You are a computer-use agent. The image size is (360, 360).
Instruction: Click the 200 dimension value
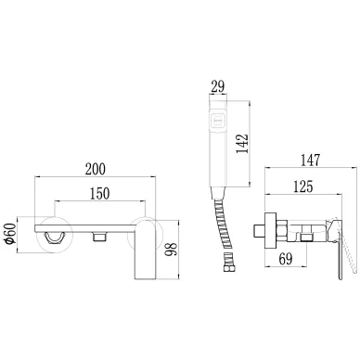(96, 169)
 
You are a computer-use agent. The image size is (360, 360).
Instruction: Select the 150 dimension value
(99, 193)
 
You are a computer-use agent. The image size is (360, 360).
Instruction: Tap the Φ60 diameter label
(11, 233)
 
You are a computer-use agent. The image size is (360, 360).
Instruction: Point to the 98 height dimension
(171, 249)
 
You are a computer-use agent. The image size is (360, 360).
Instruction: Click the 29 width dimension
(218, 86)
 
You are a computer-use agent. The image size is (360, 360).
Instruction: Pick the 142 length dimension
(242, 144)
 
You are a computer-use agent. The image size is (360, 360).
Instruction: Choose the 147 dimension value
(310, 161)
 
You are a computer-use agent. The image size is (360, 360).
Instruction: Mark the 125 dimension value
(302, 186)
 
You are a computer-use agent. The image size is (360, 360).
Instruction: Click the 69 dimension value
(286, 258)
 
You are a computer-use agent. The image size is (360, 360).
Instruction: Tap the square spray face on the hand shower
(218, 121)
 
